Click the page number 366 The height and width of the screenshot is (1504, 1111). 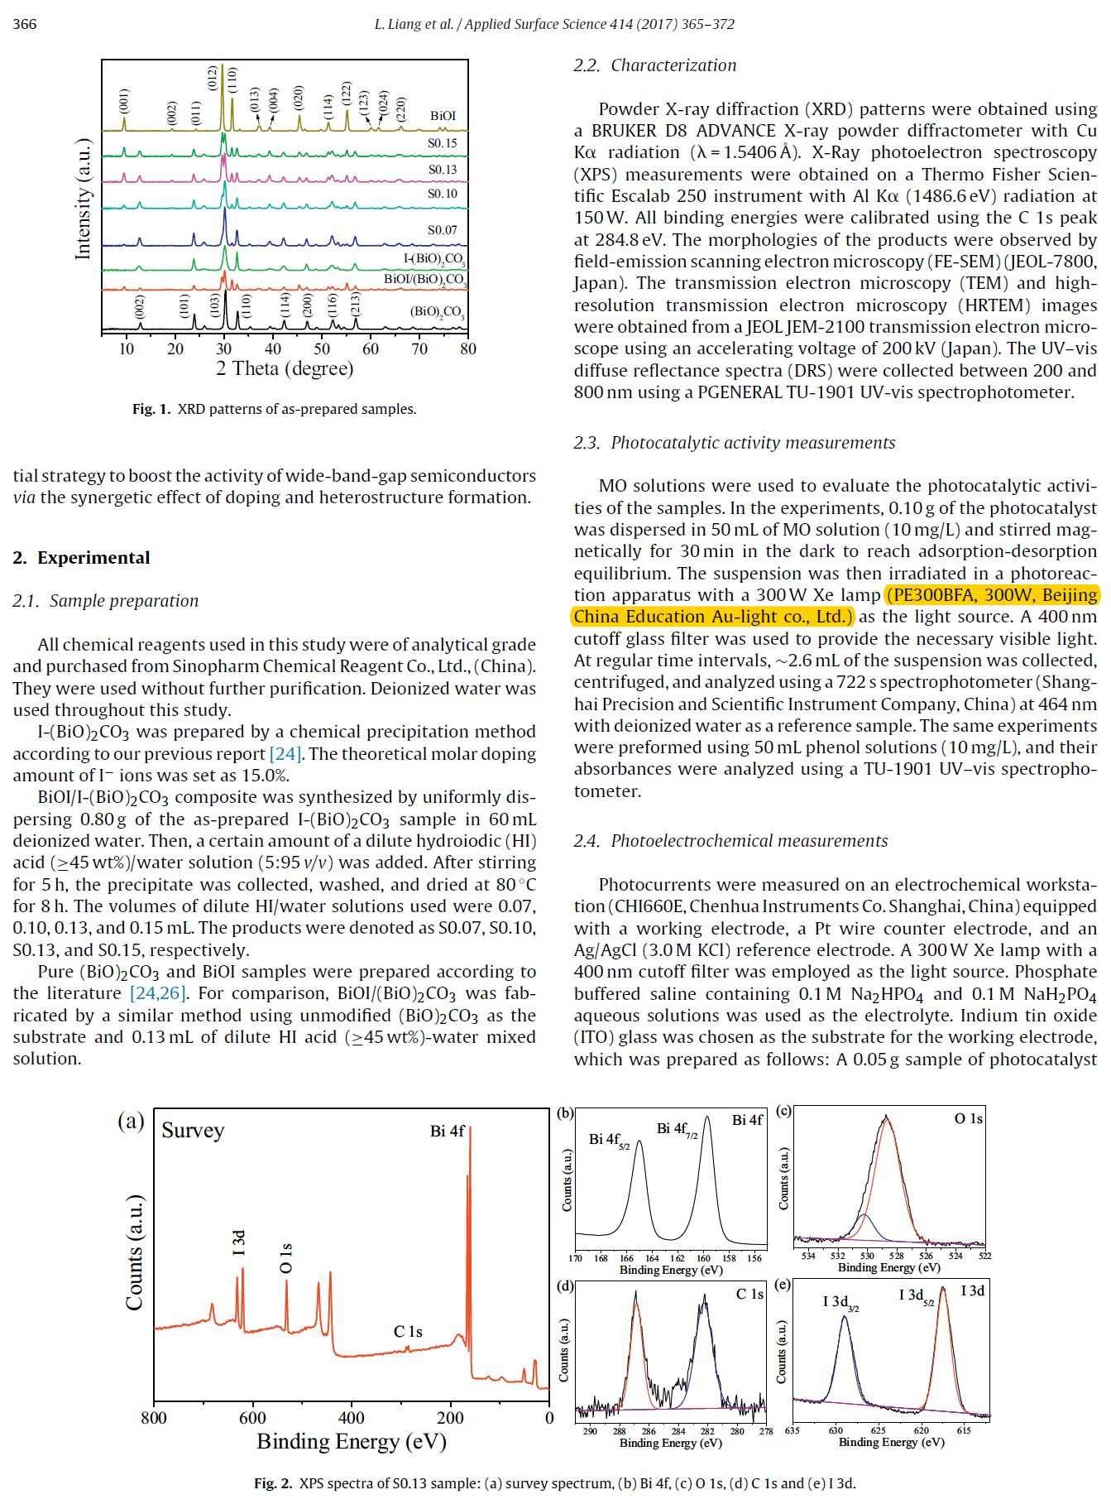(x=25, y=24)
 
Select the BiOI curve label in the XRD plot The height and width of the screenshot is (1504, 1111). (x=443, y=116)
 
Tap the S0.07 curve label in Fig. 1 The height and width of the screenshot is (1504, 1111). (x=442, y=230)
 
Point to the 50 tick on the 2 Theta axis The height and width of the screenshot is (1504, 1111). (x=322, y=349)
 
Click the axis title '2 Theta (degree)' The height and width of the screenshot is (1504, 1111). (x=285, y=369)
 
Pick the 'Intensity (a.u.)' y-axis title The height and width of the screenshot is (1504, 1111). (x=84, y=199)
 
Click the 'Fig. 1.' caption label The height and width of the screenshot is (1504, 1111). (x=151, y=409)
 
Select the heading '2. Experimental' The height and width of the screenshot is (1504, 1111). (x=81, y=558)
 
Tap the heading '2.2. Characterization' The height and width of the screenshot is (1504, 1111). (x=654, y=65)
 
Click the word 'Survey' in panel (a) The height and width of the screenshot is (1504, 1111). (x=193, y=1131)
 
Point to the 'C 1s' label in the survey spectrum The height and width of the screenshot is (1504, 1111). (x=408, y=1332)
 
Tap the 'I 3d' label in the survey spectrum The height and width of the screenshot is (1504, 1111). (x=239, y=1242)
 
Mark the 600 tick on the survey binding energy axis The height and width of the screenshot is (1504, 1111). (x=252, y=1418)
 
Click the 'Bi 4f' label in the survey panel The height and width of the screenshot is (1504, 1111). (x=448, y=1132)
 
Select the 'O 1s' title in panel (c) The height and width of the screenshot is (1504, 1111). (x=968, y=1119)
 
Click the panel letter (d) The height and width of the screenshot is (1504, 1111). (x=566, y=1286)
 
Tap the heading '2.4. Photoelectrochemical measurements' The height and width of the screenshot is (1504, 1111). (x=730, y=841)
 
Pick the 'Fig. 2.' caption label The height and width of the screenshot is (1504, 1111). (x=273, y=1483)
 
